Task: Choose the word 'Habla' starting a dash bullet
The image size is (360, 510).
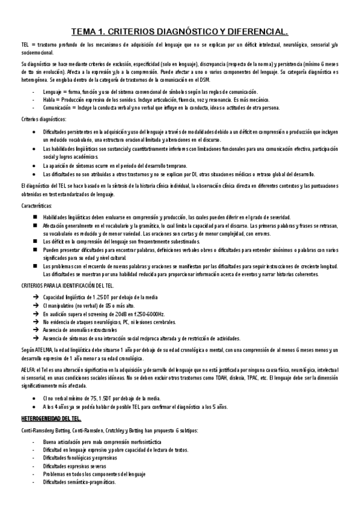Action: pos(50,99)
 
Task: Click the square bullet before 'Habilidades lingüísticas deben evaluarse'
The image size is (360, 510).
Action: pos(36,217)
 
